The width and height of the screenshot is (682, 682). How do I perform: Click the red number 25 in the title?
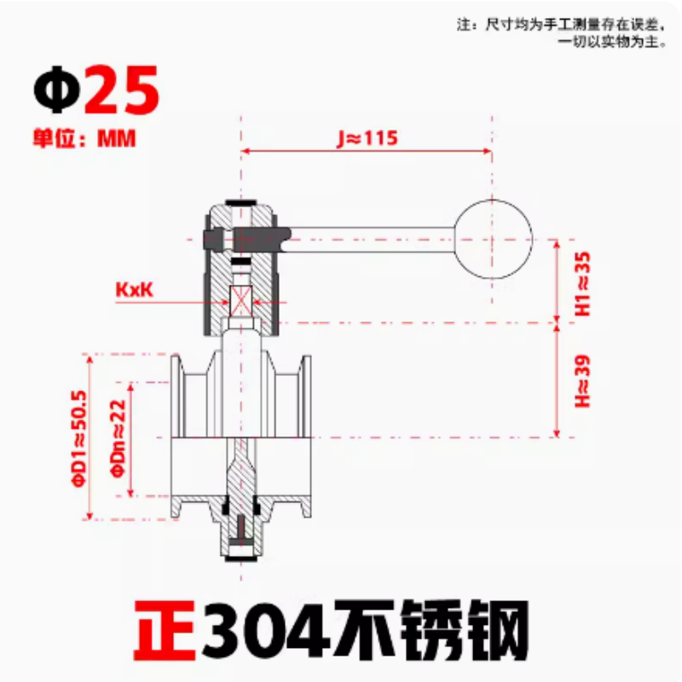[122, 90]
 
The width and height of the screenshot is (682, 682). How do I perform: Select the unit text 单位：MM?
[84, 138]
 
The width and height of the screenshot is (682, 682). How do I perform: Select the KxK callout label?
[134, 290]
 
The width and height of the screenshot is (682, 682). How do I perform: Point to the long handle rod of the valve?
[367, 232]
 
